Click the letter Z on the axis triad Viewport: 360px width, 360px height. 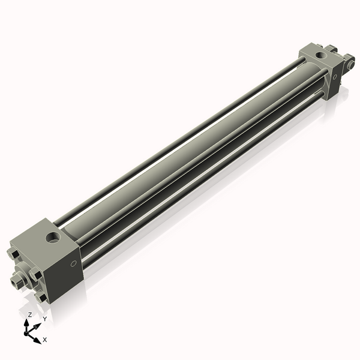pyautogui.click(x=29, y=314)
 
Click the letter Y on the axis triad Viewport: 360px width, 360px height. pyautogui.click(x=45, y=319)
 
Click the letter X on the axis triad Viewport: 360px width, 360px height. pyautogui.click(x=45, y=340)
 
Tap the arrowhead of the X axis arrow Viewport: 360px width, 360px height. pyautogui.click(x=37, y=340)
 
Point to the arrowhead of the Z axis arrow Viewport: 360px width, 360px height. pyautogui.click(x=26, y=323)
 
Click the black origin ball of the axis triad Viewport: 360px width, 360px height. pyautogui.click(x=26, y=334)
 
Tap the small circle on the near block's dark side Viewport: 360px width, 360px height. pyautogui.click(x=73, y=263)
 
